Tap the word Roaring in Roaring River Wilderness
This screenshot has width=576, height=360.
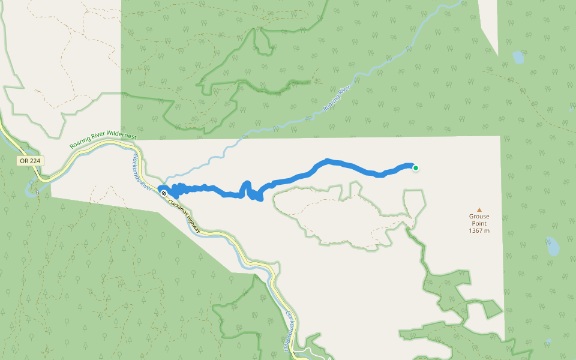click(80, 145)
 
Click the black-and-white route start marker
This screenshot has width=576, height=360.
click(164, 193)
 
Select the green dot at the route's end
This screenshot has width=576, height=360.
click(415, 168)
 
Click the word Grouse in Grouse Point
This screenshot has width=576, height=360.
click(479, 217)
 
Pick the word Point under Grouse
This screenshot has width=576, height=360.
click(479, 224)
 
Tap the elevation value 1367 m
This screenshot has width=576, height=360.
click(479, 231)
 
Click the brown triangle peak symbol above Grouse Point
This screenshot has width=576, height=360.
click(479, 209)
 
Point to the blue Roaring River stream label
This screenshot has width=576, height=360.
click(336, 99)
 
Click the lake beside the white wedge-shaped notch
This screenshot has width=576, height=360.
click(518, 58)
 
